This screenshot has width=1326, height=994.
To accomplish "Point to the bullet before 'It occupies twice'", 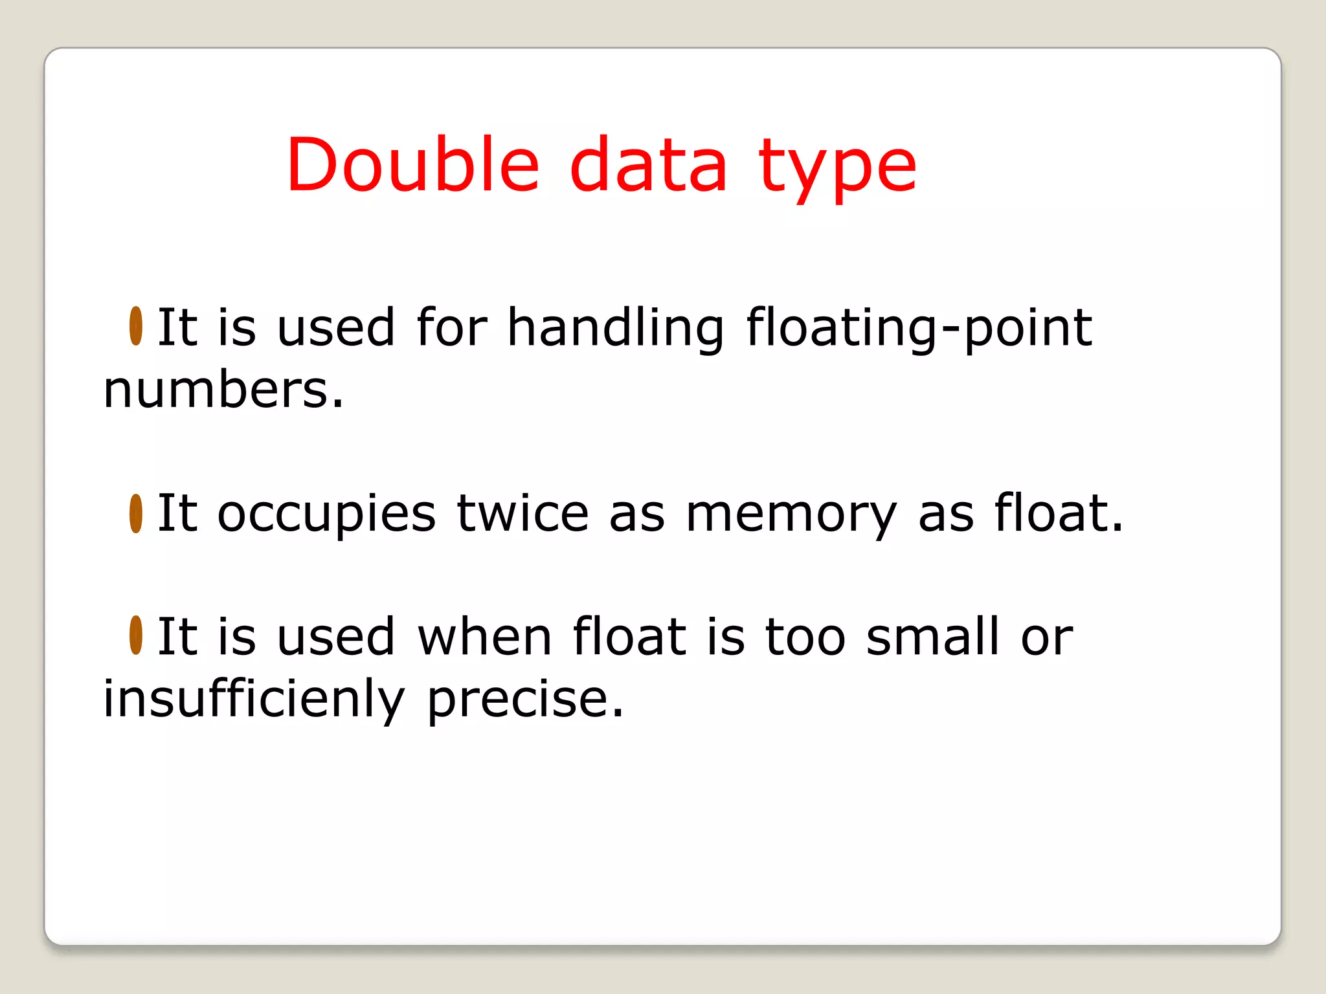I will tap(136, 513).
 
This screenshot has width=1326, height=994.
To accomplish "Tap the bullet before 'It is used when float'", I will tap(136, 635).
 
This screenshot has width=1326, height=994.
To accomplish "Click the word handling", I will tap(615, 328).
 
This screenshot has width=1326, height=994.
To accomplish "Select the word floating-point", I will tap(919, 328).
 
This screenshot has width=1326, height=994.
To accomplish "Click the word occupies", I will tap(326, 514).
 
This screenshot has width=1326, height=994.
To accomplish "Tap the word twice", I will tap(523, 513).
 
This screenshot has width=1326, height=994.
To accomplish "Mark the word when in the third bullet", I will tap(485, 636).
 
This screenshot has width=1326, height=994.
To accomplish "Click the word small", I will tap(933, 636).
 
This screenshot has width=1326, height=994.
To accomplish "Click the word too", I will tap(805, 636).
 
